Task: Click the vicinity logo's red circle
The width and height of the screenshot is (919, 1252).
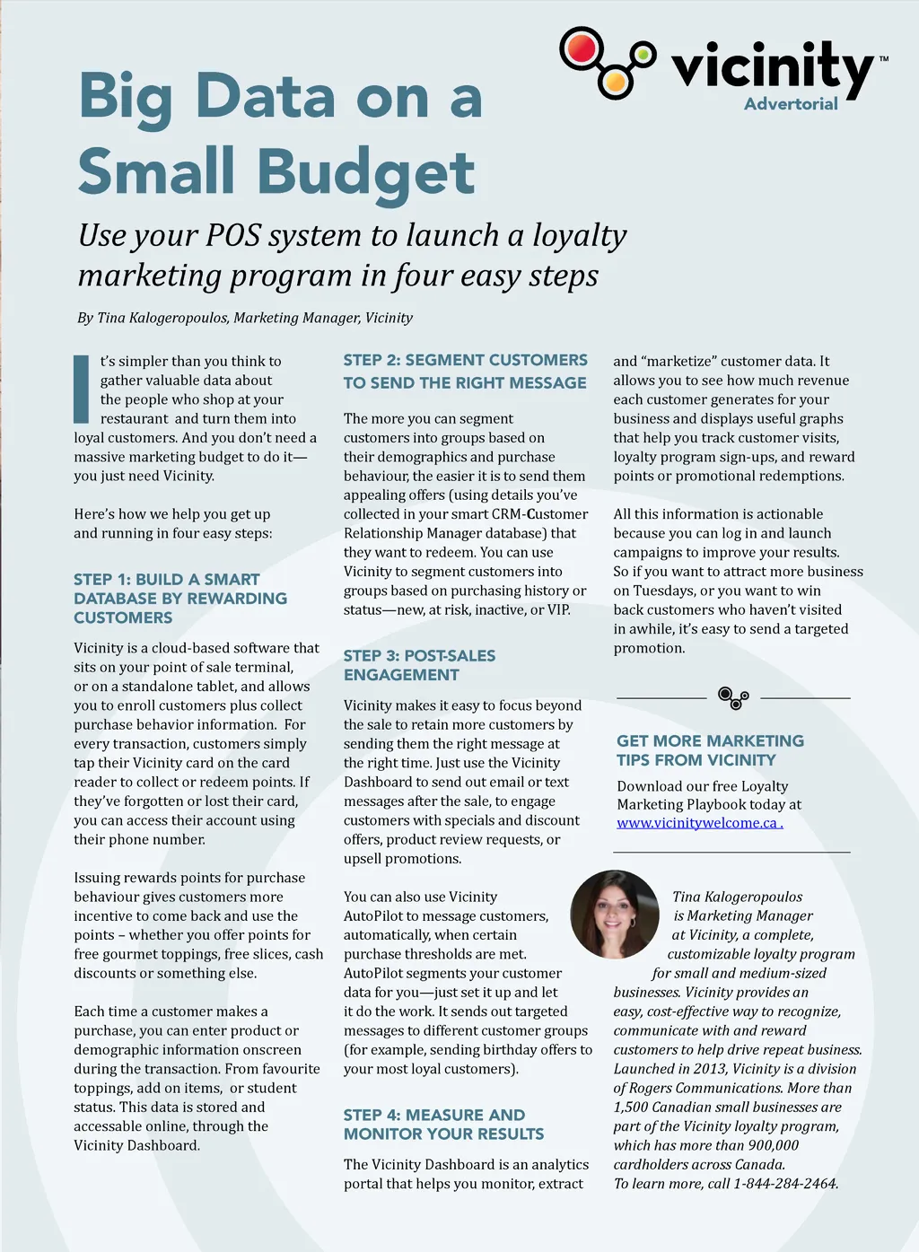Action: click(x=582, y=48)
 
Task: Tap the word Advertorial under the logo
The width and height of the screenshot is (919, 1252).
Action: click(x=791, y=104)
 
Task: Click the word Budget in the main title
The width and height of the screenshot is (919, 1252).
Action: click(x=366, y=172)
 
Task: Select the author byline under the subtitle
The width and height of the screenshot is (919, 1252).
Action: click(x=245, y=318)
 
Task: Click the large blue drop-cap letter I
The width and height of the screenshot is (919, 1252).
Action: click(x=82, y=389)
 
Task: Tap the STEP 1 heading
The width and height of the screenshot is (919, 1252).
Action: click(x=180, y=599)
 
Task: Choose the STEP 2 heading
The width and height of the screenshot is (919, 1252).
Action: click(x=465, y=372)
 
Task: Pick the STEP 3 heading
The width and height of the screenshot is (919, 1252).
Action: click(x=419, y=665)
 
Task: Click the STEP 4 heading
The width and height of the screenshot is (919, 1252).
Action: click(x=443, y=1125)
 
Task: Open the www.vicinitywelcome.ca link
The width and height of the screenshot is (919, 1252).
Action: click(x=699, y=823)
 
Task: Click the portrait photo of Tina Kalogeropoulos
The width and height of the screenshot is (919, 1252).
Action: click(x=615, y=915)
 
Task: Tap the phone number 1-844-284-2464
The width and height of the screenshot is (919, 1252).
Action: click(x=784, y=1184)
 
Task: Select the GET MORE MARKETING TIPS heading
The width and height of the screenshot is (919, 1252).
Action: click(x=710, y=750)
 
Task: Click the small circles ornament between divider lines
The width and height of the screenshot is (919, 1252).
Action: click(x=733, y=697)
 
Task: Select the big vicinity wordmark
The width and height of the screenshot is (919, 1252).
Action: click(x=772, y=67)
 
